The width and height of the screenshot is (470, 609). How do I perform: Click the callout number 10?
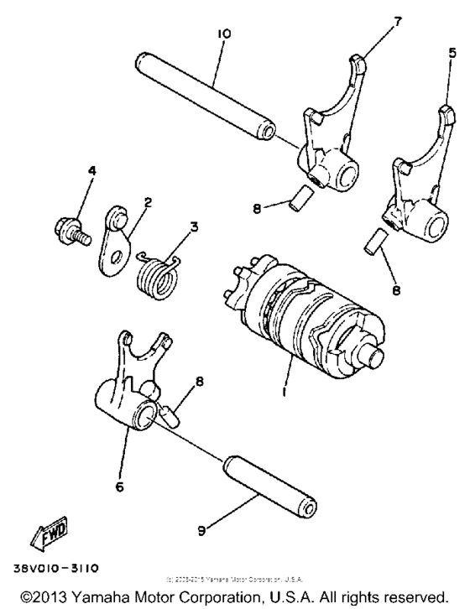pyautogui.click(x=223, y=34)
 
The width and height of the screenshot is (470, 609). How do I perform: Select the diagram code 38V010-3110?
pyautogui.click(x=55, y=568)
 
